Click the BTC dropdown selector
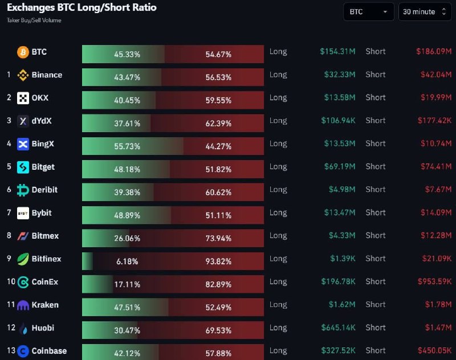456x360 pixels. tap(368, 12)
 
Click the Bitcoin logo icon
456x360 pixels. tap(23, 52)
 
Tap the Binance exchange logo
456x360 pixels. tap(23, 75)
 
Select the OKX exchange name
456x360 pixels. tap(40, 98)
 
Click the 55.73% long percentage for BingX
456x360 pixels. tap(127, 146)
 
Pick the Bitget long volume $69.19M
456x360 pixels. tap(338, 167)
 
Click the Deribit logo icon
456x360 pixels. tap(23, 190)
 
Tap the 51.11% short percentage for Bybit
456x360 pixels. tap(218, 215)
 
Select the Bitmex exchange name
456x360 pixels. tap(45, 236)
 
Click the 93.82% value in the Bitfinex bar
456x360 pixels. tap(218, 261)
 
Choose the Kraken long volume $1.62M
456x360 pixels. tap(342, 305)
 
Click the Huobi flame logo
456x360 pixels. tap(23, 328)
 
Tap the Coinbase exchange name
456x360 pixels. tap(50, 351)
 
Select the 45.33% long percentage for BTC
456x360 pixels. tap(127, 55)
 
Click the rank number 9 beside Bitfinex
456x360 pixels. tap(9, 259)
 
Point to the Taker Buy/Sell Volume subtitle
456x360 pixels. tap(34, 21)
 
